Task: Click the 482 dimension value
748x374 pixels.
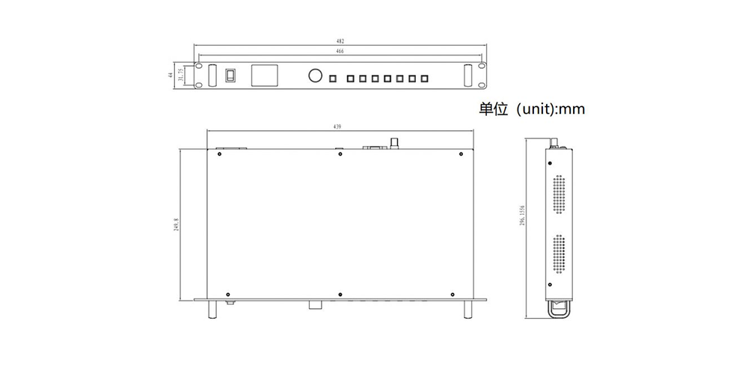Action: click(341, 40)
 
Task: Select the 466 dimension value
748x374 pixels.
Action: click(340, 51)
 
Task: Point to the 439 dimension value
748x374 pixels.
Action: click(338, 127)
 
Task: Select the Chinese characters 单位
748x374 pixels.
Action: click(493, 109)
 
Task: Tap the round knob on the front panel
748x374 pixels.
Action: click(314, 76)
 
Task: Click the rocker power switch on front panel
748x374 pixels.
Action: click(231, 75)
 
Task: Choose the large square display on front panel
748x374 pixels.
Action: click(265, 76)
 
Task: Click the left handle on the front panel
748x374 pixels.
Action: click(213, 76)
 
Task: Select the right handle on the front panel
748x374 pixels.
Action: click(468, 76)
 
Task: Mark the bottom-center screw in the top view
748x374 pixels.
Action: click(340, 293)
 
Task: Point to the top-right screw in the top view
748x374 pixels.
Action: click(459, 156)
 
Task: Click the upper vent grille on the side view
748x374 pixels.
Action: click(559, 195)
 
